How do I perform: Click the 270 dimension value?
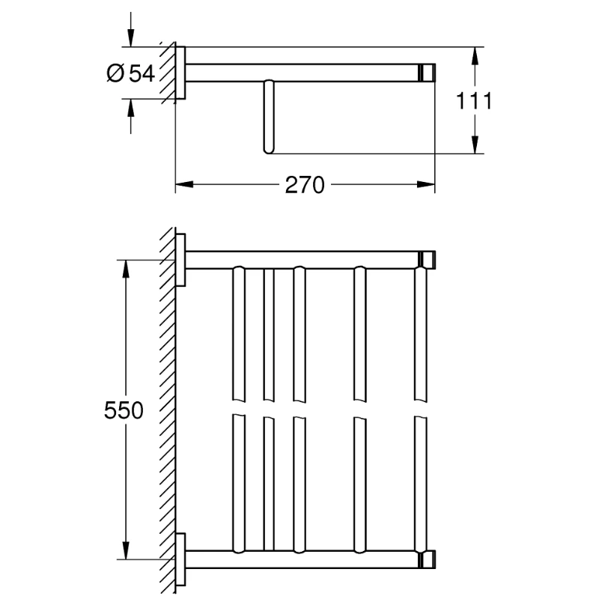click(x=305, y=184)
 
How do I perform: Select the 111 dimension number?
click(x=475, y=100)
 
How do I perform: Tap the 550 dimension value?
click(x=124, y=410)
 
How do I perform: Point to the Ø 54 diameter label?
click(x=131, y=73)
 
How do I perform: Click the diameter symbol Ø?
click(x=115, y=73)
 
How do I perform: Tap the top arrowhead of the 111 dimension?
click(x=475, y=53)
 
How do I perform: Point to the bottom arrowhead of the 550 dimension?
click(x=124, y=553)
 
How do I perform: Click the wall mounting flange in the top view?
click(x=180, y=72)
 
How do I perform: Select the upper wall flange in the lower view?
click(x=180, y=260)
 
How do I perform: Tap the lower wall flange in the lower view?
click(x=180, y=559)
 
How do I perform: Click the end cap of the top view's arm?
click(x=428, y=72)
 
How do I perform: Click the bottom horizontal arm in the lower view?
click(x=299, y=559)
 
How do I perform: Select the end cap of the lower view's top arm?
click(x=428, y=260)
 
